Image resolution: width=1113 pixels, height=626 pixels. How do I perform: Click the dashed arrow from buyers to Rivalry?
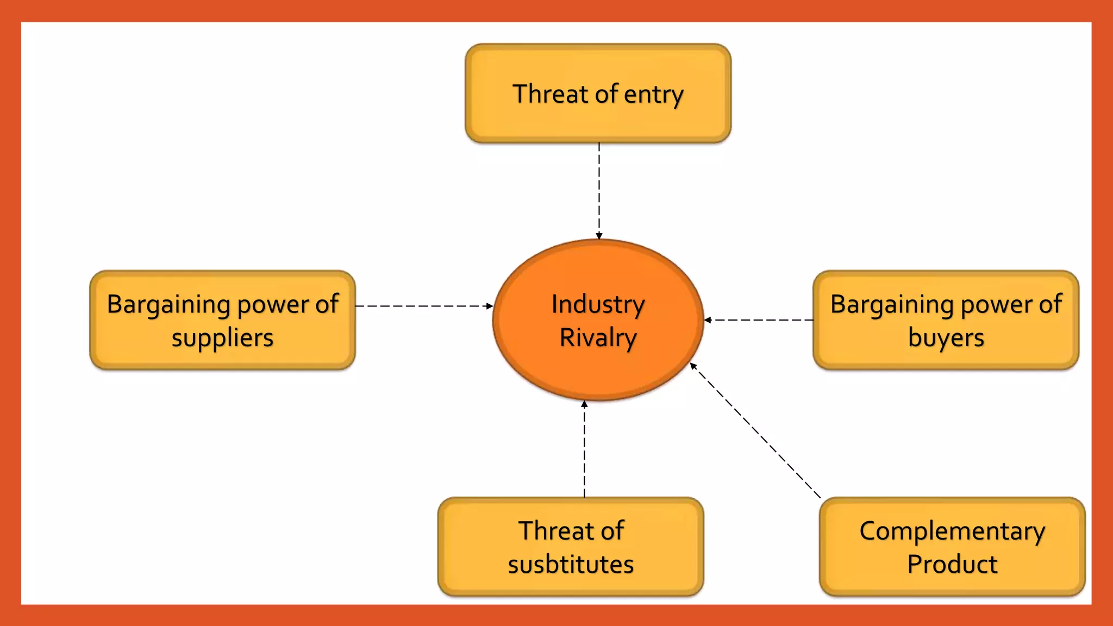(x=761, y=320)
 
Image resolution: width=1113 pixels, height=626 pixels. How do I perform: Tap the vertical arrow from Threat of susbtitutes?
(x=584, y=451)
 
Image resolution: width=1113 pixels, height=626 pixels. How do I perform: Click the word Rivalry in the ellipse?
(x=598, y=337)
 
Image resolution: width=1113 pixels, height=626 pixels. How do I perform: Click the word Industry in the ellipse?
(x=598, y=304)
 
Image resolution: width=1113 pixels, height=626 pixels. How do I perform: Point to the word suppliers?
(x=222, y=338)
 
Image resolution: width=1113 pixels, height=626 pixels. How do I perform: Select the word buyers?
(x=946, y=338)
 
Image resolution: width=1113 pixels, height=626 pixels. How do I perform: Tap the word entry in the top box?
(x=653, y=95)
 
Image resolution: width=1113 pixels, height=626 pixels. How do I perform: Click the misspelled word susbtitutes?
(x=571, y=564)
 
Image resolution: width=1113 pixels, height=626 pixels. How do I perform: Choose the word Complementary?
(x=952, y=531)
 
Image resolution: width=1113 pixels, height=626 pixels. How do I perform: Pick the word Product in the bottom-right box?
(x=952, y=564)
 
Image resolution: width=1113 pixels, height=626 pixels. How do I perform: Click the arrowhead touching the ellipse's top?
(x=599, y=236)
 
